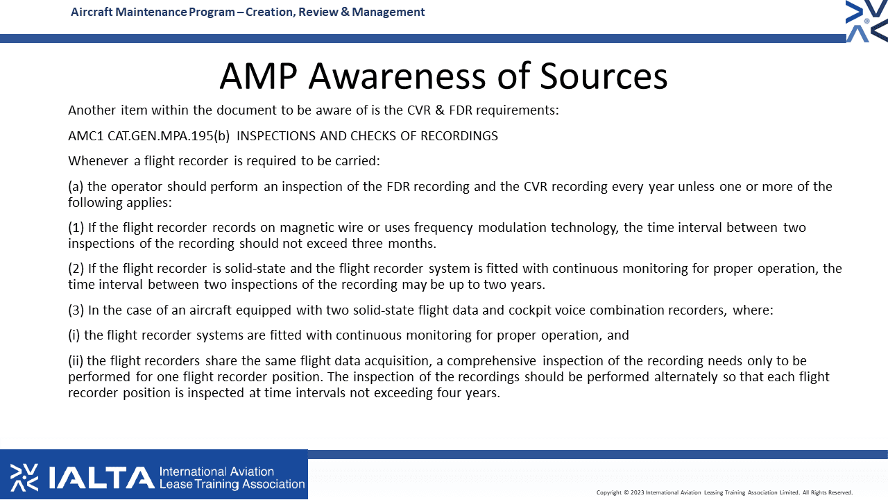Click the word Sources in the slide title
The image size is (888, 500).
tap(604, 76)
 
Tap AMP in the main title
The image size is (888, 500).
tap(259, 76)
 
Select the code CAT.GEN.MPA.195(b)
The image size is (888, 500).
tap(169, 135)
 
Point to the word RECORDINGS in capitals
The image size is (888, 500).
tap(458, 135)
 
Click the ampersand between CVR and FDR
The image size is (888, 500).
tap(440, 110)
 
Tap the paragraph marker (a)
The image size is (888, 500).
tap(76, 187)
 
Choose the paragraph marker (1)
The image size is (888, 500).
tap(76, 227)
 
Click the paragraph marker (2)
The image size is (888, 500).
tap(76, 268)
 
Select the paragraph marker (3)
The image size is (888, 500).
tap(76, 310)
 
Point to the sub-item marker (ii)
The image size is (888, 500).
tap(76, 360)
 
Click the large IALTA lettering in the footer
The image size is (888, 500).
tap(101, 478)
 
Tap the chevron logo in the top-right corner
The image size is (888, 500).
tap(866, 21)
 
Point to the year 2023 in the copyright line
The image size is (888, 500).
tap(637, 492)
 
